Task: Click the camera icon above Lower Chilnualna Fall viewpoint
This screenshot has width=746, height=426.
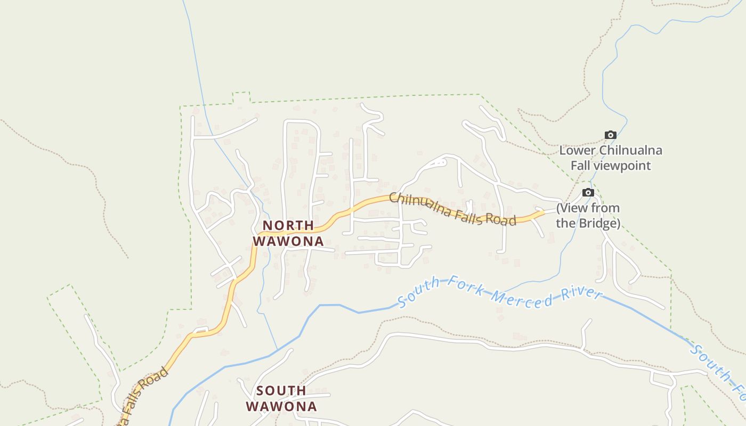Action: (610, 135)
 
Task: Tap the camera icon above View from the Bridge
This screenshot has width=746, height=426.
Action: (588, 193)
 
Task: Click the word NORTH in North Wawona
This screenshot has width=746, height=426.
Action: (288, 226)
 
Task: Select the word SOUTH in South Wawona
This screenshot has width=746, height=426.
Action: (281, 391)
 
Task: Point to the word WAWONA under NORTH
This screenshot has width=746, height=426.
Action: (288, 241)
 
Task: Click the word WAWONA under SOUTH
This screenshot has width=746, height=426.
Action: (281, 406)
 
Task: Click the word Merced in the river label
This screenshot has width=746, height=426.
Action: (522, 298)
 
